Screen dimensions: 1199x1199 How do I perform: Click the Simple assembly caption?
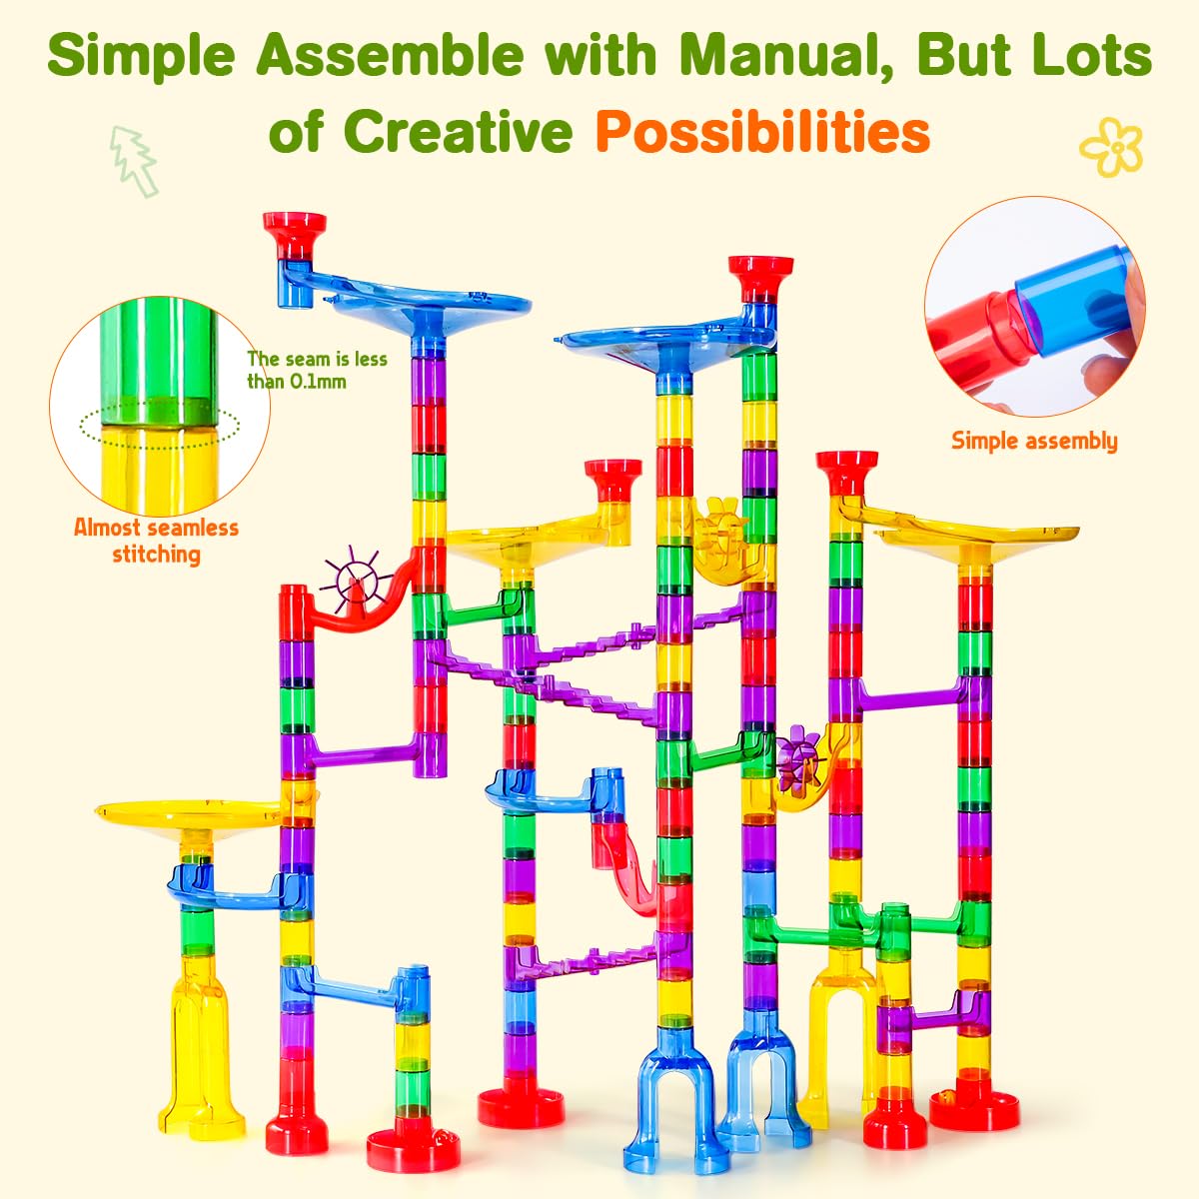[x=1034, y=441]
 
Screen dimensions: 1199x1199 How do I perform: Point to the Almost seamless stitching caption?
[x=156, y=541]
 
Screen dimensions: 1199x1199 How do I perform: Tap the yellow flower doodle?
[x=1111, y=148]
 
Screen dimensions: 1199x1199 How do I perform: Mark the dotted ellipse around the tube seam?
[x=160, y=424]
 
